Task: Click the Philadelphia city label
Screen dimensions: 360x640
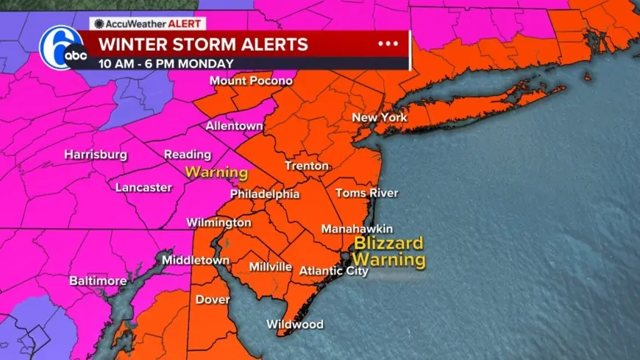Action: click(x=265, y=194)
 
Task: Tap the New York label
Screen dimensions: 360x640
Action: click(x=380, y=118)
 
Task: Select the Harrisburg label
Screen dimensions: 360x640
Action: click(x=96, y=155)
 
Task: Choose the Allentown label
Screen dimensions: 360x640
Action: click(x=234, y=126)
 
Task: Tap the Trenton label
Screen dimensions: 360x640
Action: click(x=307, y=166)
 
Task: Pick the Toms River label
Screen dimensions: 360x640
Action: click(x=366, y=193)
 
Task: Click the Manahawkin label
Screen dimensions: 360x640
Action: click(x=357, y=229)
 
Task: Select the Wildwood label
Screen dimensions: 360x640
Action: click(x=294, y=325)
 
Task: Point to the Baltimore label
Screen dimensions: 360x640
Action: click(x=98, y=281)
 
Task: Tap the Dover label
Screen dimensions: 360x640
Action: click(x=213, y=300)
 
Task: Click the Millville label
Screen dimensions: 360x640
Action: click(x=271, y=267)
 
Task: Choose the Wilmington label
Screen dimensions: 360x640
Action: click(x=218, y=222)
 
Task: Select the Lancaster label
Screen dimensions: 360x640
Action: click(x=143, y=188)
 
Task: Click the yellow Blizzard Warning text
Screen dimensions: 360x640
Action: click(x=388, y=251)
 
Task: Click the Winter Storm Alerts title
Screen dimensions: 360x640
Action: click(x=204, y=44)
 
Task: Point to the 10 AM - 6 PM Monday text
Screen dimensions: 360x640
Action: click(x=166, y=63)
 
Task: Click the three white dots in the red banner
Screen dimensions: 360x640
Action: click(x=387, y=43)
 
